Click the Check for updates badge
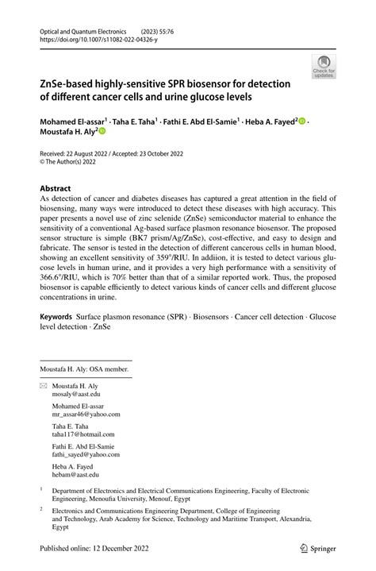pos(324,66)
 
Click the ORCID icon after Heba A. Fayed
pos(302,121)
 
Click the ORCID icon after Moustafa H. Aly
pos(101,132)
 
